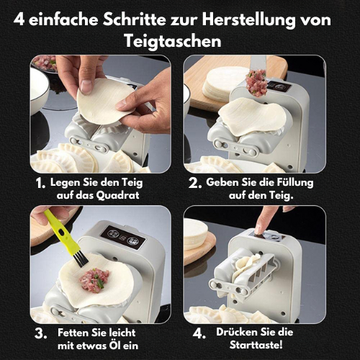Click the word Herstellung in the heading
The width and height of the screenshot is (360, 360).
tap(248, 20)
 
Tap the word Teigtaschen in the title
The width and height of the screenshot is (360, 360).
tap(173, 41)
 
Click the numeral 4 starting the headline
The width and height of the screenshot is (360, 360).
tap(19, 19)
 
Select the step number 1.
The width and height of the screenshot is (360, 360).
tap(40, 184)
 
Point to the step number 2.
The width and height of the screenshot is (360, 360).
tap(195, 184)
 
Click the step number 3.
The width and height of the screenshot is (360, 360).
tap(40, 334)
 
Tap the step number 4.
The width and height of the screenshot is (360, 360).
tap(199, 333)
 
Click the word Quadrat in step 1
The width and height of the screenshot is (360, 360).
tap(117, 195)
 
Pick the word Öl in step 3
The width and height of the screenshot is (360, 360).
tap(114, 345)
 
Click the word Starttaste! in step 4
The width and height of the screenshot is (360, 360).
tap(256, 345)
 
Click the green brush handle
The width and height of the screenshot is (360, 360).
tap(60, 230)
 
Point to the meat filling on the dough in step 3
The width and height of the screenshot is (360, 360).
tap(94, 280)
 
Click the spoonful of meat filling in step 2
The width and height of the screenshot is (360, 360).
tap(257, 82)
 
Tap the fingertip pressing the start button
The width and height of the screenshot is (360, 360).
tap(260, 230)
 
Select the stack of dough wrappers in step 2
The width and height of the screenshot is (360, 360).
tap(224, 84)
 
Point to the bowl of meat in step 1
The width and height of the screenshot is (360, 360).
tap(45, 63)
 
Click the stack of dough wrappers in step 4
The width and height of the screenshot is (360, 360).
tap(195, 234)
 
